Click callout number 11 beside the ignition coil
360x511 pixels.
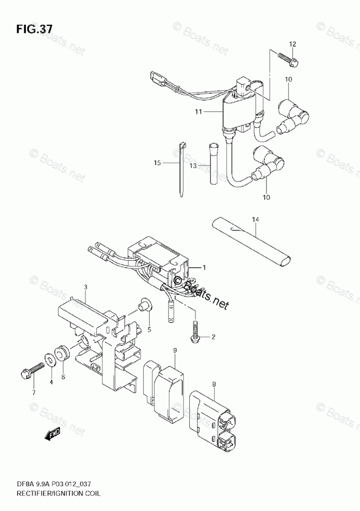pos(199,112)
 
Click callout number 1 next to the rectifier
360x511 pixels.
pos(204,267)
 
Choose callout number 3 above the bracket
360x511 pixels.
pos(85,287)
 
